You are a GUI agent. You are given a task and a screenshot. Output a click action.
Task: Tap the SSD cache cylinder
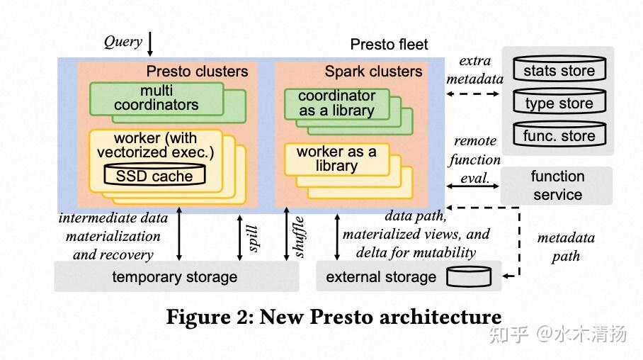click(x=154, y=174)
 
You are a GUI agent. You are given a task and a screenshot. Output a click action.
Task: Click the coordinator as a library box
click(x=336, y=103)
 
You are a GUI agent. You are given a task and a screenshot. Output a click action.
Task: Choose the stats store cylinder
click(x=559, y=70)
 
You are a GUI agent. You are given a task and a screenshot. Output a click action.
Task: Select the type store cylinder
click(x=559, y=103)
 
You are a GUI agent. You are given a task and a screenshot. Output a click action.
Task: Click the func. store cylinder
click(x=559, y=136)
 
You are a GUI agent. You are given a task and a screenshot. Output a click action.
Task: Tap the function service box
click(x=557, y=186)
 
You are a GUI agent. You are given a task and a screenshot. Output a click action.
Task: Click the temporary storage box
click(x=176, y=276)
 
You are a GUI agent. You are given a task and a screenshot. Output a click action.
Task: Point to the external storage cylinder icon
click(x=469, y=276)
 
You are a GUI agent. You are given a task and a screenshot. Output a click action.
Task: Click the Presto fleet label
click(x=389, y=45)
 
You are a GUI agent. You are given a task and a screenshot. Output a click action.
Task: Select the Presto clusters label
click(x=197, y=72)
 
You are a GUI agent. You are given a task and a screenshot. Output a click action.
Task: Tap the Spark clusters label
click(x=373, y=72)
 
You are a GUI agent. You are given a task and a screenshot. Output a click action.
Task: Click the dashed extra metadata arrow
click(x=474, y=93)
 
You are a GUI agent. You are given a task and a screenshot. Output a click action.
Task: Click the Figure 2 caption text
click(x=334, y=317)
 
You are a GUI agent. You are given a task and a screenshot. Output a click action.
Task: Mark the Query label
click(x=123, y=41)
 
